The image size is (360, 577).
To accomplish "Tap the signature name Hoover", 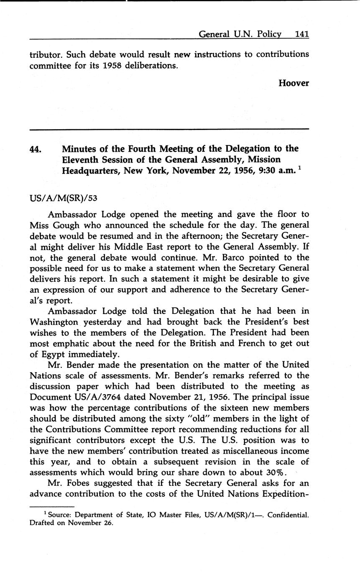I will (294, 83).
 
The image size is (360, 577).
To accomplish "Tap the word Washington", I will (54, 322).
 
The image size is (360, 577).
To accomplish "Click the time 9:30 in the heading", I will (255, 171).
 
